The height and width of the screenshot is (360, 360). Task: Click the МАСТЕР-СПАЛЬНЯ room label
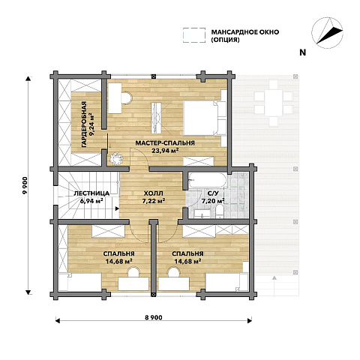tap(165, 143)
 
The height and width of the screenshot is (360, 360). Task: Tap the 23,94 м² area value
tap(165, 151)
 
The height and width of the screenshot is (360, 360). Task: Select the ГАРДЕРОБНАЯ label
tap(84, 124)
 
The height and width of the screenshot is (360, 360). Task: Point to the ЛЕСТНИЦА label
tap(91, 193)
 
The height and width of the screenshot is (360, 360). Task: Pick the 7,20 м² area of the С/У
tap(213, 200)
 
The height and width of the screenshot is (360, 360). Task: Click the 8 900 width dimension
tap(154, 317)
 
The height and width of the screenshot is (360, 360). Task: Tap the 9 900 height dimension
tap(25, 185)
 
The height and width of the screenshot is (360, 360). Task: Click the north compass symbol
tap(327, 33)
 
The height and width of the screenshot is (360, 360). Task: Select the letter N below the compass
tap(303, 52)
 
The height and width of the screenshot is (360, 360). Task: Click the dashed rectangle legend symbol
tap(194, 35)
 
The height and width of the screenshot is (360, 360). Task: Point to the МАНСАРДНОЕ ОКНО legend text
tap(245, 32)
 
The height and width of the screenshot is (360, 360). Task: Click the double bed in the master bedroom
tap(205, 118)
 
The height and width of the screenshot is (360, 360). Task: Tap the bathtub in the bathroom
tap(207, 180)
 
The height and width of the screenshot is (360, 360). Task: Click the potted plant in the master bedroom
tap(116, 158)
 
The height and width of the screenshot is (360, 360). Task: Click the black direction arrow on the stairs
tap(117, 208)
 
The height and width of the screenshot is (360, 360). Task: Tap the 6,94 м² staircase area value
tap(91, 200)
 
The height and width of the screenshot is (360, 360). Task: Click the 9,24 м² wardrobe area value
tap(93, 124)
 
